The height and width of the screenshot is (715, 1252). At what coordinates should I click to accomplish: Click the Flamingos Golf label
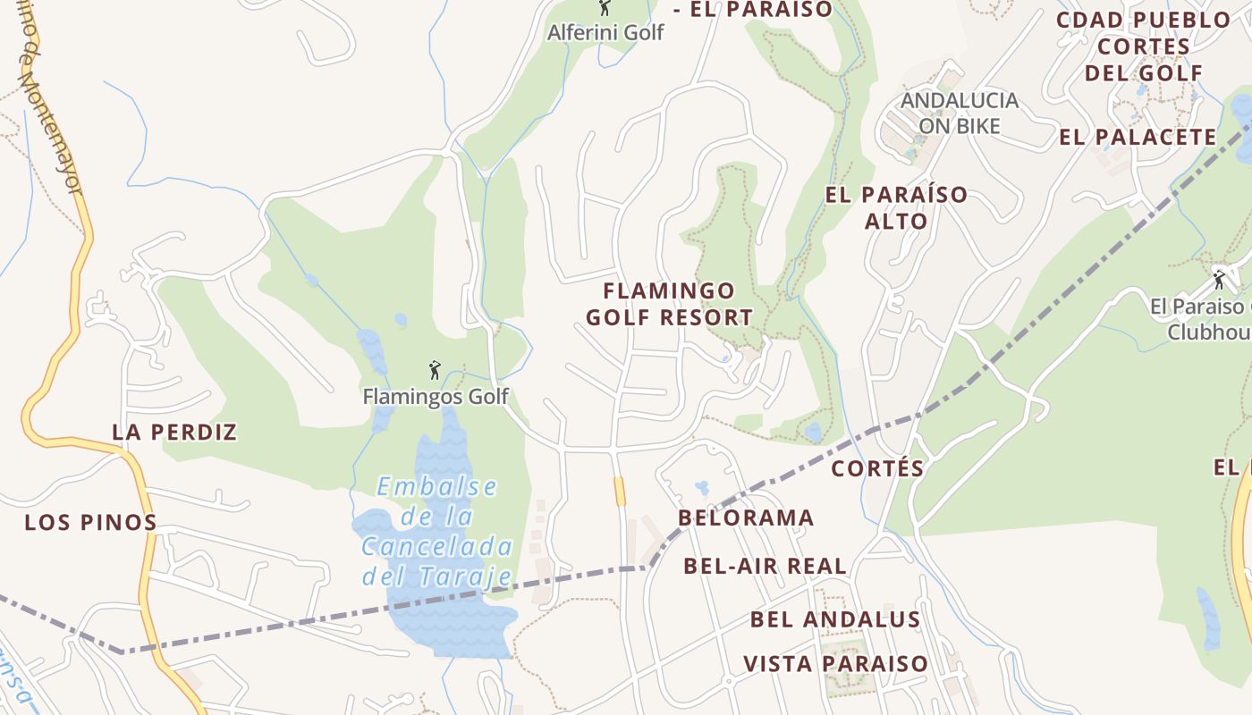(436, 396)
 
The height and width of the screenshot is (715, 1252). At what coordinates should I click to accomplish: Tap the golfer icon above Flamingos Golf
(436, 369)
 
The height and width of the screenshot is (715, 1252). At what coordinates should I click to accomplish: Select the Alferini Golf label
(605, 32)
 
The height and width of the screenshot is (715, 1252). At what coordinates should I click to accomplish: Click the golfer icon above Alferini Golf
(605, 8)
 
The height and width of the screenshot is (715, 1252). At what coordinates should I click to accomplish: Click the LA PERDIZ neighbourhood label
(174, 433)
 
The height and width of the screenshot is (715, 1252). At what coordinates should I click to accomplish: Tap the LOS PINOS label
(90, 523)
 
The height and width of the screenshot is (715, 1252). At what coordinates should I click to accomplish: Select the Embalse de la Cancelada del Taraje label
(437, 531)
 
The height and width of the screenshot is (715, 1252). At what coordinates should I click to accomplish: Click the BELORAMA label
(746, 518)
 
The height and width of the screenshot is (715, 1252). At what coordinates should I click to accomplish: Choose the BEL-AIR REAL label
(765, 566)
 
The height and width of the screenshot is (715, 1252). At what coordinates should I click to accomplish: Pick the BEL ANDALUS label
(835, 619)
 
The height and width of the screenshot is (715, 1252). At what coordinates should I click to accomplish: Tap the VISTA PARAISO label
(836, 664)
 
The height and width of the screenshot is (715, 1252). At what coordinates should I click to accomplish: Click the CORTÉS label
(877, 468)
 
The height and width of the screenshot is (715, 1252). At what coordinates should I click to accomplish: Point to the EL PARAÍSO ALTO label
(896, 207)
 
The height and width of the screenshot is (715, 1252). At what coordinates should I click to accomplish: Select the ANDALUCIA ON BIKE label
(960, 113)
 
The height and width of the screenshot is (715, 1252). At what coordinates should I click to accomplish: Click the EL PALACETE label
(1138, 138)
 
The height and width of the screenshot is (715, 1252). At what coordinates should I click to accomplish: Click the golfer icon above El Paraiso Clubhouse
(1219, 279)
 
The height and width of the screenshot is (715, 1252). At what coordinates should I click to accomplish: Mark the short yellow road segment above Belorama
(620, 492)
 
